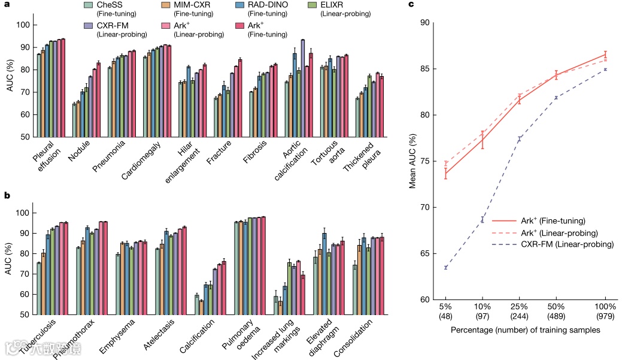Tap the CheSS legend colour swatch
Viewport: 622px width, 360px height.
(x=87, y=6)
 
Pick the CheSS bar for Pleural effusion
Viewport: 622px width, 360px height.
(x=39, y=95)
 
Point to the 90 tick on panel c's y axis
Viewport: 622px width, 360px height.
(x=427, y=23)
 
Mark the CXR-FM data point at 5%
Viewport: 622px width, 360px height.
(x=446, y=267)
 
